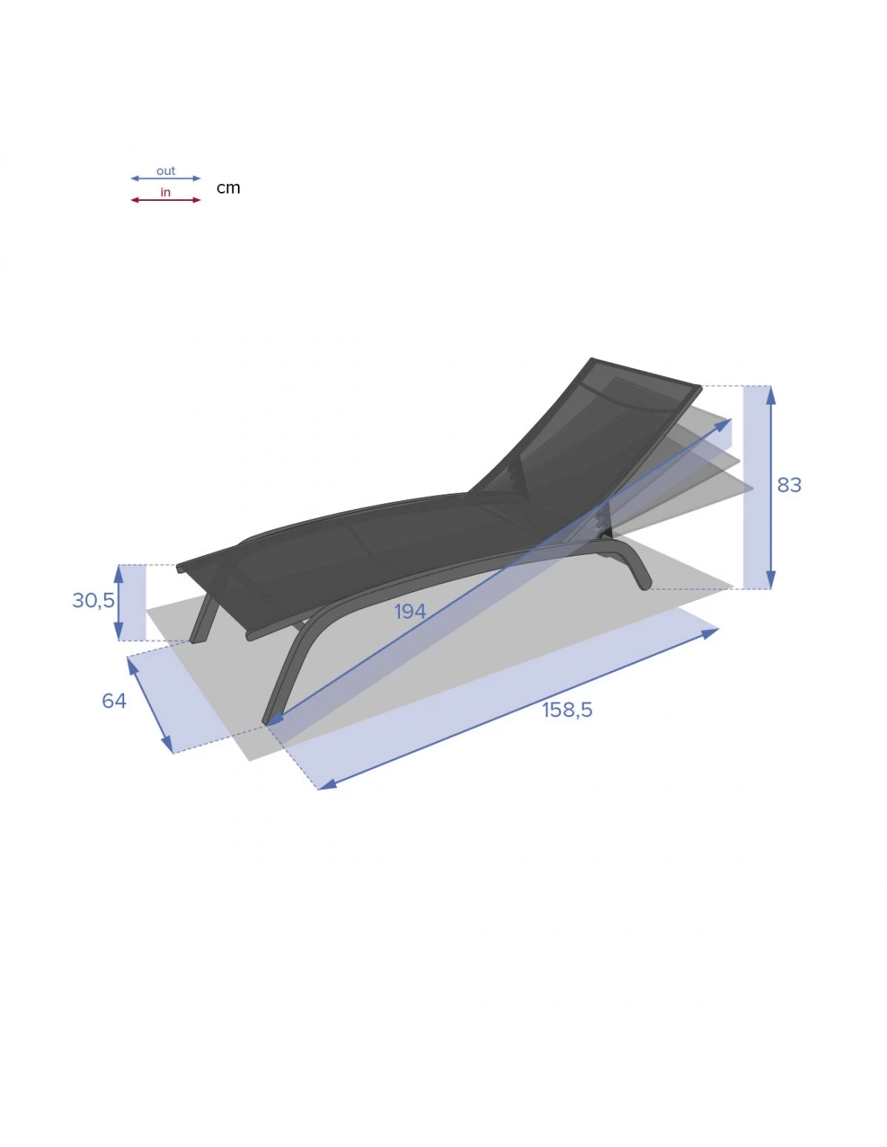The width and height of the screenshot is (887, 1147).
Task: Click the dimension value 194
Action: (x=410, y=611)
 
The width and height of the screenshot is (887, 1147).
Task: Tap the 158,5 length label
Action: (x=567, y=710)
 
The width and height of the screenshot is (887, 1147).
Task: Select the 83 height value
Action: (x=789, y=485)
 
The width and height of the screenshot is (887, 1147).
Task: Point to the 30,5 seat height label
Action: (x=94, y=600)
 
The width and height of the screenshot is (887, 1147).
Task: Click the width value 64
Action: (x=114, y=700)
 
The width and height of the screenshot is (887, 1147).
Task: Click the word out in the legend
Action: (x=165, y=171)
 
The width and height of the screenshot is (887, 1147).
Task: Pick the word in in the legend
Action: (x=165, y=192)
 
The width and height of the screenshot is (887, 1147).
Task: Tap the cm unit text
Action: (x=228, y=188)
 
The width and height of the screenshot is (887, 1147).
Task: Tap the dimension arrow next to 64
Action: (x=150, y=705)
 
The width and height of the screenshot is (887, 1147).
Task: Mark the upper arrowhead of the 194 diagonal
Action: (x=724, y=423)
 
